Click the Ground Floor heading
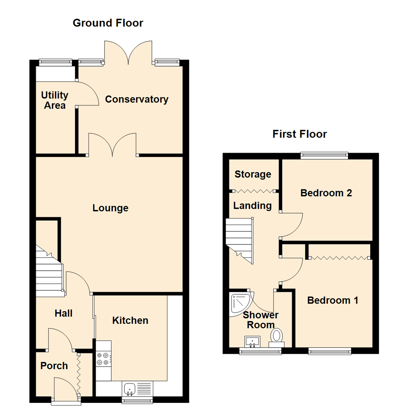pyautogui.click(x=108, y=23)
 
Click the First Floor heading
pyautogui.click(x=300, y=134)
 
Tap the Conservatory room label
pyautogui.click(x=137, y=100)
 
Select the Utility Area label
pyautogui.click(x=55, y=100)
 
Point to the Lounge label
pyautogui.click(x=111, y=208)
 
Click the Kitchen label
pyautogui.click(x=130, y=321)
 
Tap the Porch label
pyautogui.click(x=54, y=366)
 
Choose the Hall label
pyautogui.click(x=64, y=313)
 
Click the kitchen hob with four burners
pyautogui.click(x=103, y=359)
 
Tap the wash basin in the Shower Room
pyautogui.click(x=252, y=341)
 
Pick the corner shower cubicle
pyautogui.click(x=240, y=303)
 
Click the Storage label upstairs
pyautogui.click(x=253, y=174)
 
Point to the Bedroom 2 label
pyautogui.click(x=326, y=193)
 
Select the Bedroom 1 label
pyautogui.click(x=333, y=301)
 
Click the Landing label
pyautogui.click(x=253, y=206)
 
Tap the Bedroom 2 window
pyautogui.click(x=324, y=154)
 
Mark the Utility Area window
pyautogui.click(x=55, y=61)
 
